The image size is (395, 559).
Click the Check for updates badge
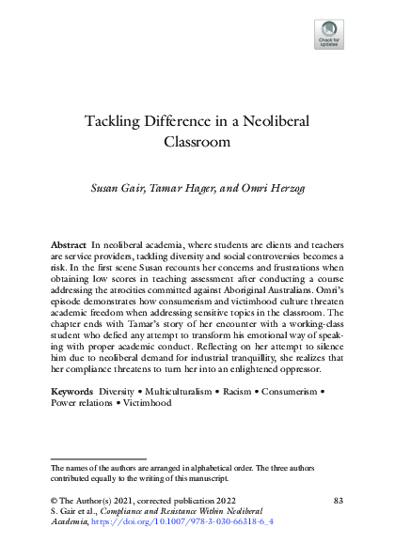328,35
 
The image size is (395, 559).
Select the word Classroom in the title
197,144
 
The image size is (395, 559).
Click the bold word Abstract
69,244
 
